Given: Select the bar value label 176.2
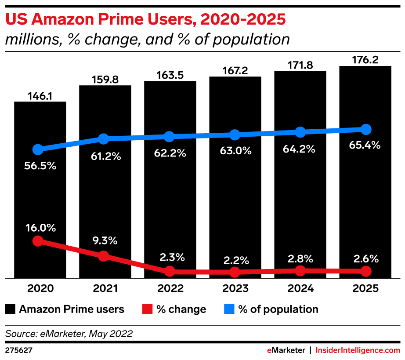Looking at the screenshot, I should coord(365,59).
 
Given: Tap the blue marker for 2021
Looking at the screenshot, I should coord(103,139).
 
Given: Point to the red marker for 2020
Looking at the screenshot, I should coord(38,241).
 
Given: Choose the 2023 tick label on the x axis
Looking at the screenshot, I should coord(235,289).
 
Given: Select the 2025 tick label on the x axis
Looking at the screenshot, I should coord(365,289).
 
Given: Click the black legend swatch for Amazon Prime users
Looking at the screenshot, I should coord(10,309).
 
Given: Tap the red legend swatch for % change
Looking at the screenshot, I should coord(148,309).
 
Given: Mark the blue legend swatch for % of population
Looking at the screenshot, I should coord(229,309).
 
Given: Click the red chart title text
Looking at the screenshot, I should coord(145,19).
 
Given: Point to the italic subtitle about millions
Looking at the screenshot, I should coord(147,40).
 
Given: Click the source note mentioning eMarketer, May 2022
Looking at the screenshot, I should coord(69,334).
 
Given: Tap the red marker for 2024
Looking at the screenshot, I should coord(300,271).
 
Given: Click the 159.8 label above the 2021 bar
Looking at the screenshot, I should coord(105,80).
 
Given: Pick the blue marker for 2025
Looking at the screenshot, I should coord(365,130).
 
